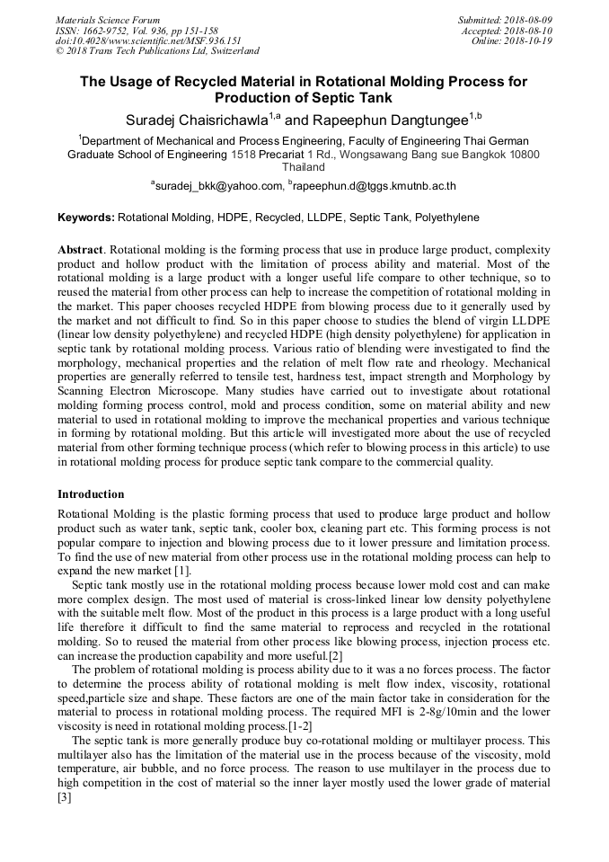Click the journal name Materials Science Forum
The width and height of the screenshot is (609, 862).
(x=108, y=20)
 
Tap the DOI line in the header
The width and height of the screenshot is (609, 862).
(x=148, y=41)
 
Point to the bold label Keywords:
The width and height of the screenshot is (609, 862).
(x=86, y=218)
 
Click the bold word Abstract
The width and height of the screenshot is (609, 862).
(x=82, y=248)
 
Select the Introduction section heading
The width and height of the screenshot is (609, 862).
(x=91, y=494)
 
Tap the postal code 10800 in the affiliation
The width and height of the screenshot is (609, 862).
(x=522, y=155)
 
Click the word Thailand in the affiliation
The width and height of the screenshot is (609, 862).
(x=304, y=167)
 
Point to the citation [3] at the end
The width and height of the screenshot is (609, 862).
(x=64, y=797)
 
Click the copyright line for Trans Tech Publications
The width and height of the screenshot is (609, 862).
(x=157, y=51)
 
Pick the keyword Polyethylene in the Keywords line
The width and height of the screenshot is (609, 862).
(x=443, y=218)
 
